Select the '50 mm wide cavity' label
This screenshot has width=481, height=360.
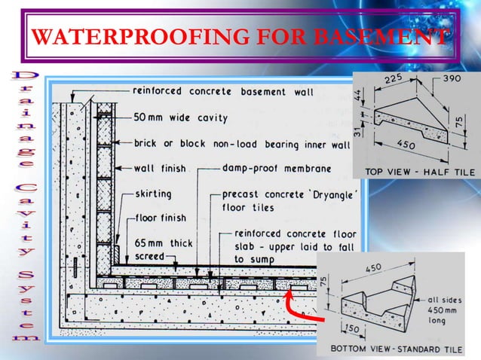[x=178, y=118]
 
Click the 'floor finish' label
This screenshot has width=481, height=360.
[x=161, y=218]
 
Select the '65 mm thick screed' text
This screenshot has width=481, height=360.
[x=159, y=249]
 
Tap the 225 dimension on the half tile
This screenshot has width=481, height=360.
[x=392, y=79]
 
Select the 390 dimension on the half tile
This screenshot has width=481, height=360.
[x=452, y=78]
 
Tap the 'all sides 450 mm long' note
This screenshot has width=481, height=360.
[x=439, y=307]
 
